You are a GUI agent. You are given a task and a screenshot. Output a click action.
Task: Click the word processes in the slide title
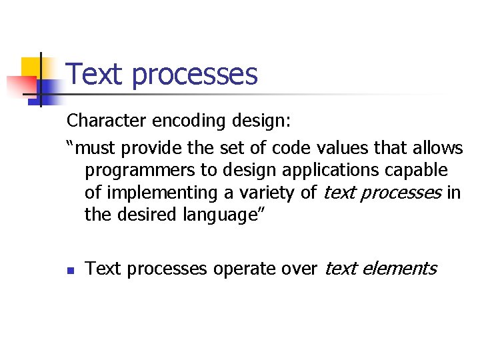195,75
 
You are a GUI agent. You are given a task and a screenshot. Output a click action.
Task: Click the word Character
109,121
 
